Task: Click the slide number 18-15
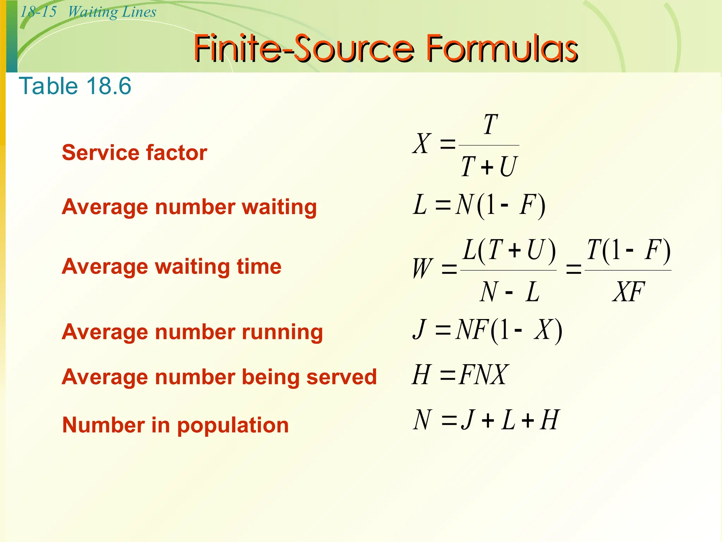(38, 12)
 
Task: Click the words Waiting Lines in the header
(112, 12)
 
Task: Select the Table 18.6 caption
(75, 86)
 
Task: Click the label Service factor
(134, 152)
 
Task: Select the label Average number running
(192, 332)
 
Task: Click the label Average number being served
(219, 377)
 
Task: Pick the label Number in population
(176, 425)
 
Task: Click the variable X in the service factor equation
(422, 144)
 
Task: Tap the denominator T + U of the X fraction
(489, 167)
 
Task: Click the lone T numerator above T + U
(490, 125)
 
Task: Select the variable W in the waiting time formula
(423, 269)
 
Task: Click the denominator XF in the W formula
(628, 292)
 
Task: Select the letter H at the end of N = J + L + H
(550, 420)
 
